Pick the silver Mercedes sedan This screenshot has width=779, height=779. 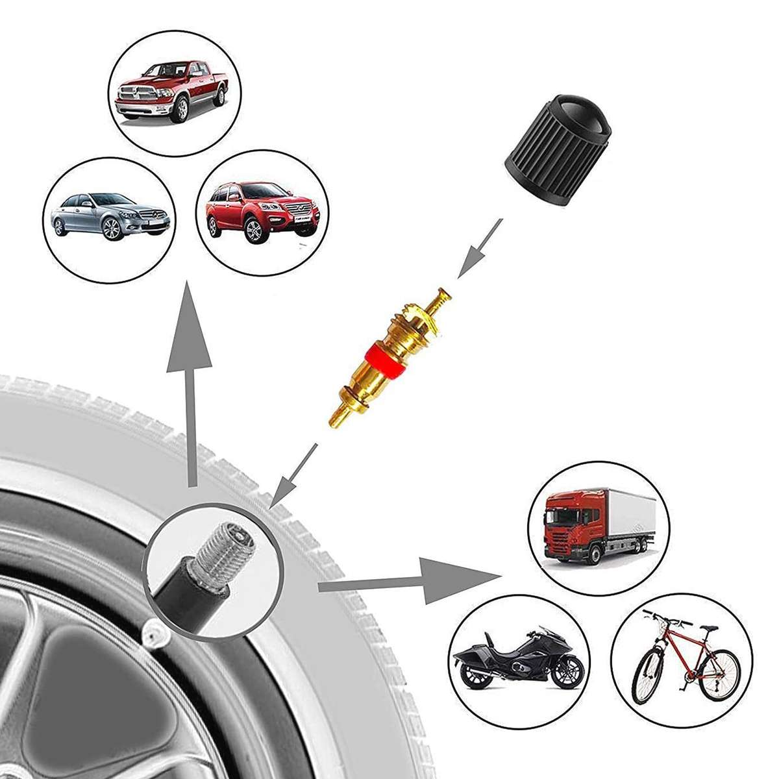[x=109, y=214]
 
